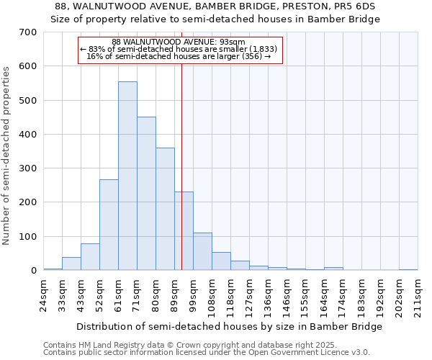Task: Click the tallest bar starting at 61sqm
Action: pos(127,176)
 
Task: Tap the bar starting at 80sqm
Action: pos(165,209)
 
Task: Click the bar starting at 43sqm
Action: pos(90,256)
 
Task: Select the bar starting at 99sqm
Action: pos(202,251)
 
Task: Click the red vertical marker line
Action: pos(182,144)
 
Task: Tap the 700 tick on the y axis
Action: pos(28,32)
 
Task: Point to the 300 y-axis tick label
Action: pos(28,168)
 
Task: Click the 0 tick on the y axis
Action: pos(33,271)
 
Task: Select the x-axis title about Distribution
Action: pos(229,326)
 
